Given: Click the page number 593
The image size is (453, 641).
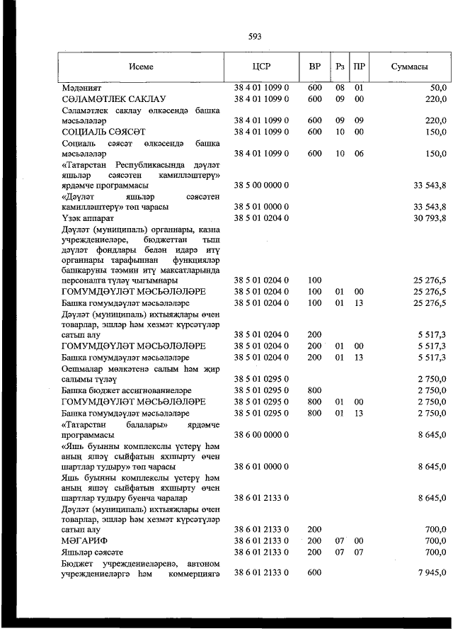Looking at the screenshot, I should [x=255, y=36].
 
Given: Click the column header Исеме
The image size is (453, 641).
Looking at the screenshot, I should [x=142, y=67].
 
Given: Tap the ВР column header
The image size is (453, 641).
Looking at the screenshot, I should [x=315, y=67].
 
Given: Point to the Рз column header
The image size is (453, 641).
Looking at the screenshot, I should [x=340, y=67].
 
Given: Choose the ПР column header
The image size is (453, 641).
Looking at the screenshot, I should [x=360, y=67].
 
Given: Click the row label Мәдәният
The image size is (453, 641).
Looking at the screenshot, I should [x=82, y=88].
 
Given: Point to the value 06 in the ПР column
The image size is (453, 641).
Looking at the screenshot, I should [x=359, y=153].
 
